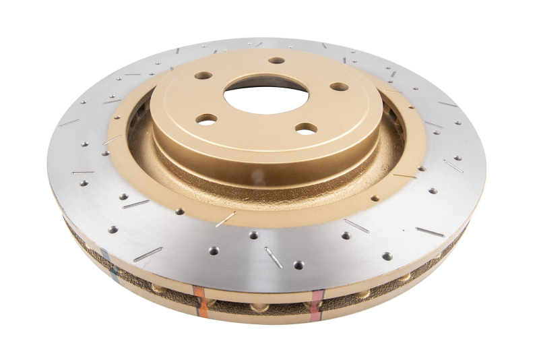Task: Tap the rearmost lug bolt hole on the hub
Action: [277, 60]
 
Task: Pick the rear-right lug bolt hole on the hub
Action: [340, 86]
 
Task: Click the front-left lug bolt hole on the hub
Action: [206, 119]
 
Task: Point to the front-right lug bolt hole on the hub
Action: [307, 128]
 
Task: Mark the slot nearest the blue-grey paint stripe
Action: [148, 253]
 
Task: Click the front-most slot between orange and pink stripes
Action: [273, 257]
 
